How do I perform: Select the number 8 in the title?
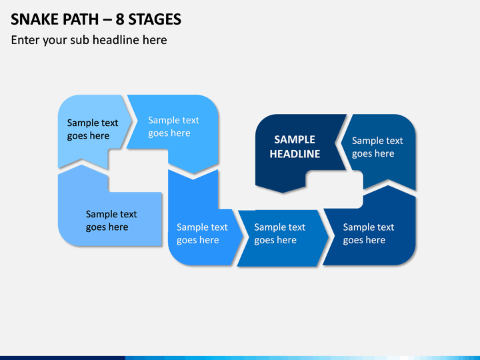click(x=120, y=19)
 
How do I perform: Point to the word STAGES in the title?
click(x=155, y=19)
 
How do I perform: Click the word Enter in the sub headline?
click(x=25, y=40)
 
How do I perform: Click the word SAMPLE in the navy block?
click(x=295, y=139)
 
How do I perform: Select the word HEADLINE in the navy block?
click(x=295, y=154)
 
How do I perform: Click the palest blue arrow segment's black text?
click(x=93, y=129)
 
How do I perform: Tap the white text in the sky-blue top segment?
click(x=173, y=127)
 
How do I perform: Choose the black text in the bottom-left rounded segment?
click(x=111, y=221)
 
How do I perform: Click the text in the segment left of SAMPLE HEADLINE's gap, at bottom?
click(x=203, y=233)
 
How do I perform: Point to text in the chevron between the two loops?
click(x=280, y=233)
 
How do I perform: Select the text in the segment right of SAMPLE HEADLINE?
click(x=377, y=147)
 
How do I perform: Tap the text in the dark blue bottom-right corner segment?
click(x=369, y=233)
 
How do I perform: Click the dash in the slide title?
click(x=107, y=20)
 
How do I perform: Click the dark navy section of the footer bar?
click(x=63, y=358)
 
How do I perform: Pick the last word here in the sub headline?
click(x=155, y=40)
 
